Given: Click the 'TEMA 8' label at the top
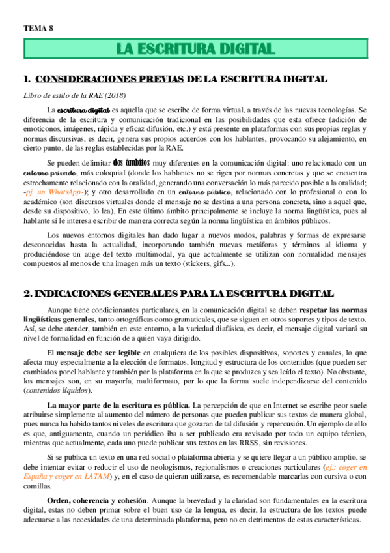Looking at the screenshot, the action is (x=38, y=27).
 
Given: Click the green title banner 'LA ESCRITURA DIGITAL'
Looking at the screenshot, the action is (x=195, y=49).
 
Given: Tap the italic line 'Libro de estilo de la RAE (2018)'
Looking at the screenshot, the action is (x=76, y=96).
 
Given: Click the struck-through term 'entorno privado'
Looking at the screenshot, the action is (x=49, y=173).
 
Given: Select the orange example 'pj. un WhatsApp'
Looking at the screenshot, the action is (x=54, y=194).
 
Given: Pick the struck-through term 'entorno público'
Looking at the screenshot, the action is (x=206, y=194).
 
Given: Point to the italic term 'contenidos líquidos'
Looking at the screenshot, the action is (x=57, y=391).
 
